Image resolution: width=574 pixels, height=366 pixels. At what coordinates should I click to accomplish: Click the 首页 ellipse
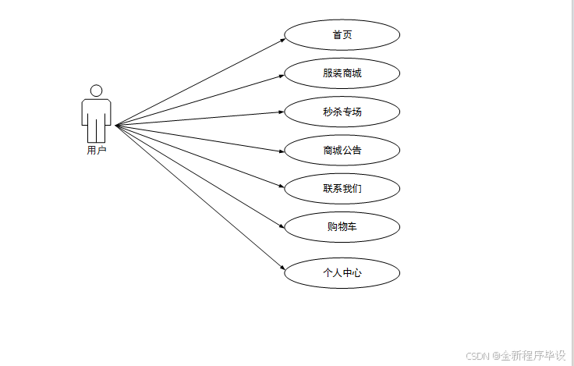342,35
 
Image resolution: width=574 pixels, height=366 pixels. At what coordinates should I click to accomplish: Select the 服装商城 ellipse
342,73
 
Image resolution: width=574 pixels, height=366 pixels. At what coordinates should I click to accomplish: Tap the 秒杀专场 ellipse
342,112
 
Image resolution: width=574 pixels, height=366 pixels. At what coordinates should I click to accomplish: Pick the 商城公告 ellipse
342,150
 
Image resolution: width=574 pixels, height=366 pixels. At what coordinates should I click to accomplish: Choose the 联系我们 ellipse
342,188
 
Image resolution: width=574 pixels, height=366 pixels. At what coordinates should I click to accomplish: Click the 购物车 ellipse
342,227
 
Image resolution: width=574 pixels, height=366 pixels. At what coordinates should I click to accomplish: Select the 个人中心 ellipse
342,273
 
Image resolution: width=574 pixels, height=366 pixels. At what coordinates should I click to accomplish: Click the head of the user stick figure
96,91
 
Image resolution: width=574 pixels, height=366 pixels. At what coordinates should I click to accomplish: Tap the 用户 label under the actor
96,151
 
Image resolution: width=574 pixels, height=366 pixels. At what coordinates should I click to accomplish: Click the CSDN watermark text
477,356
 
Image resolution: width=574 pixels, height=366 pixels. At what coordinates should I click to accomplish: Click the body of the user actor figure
96,117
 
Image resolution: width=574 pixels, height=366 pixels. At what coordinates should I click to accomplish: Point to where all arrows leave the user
115,125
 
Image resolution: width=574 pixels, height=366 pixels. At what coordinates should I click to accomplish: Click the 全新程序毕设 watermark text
533,356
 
